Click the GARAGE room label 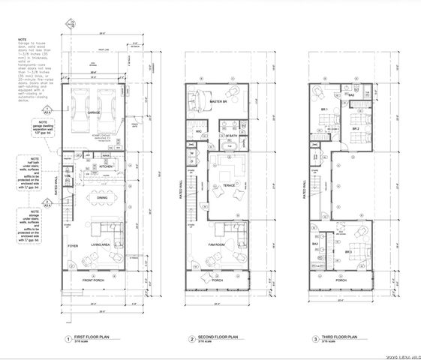[93, 112]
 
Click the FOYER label [73, 244]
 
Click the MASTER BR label [218, 100]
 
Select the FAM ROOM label [218, 244]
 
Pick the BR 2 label [357, 129]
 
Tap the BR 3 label [348, 252]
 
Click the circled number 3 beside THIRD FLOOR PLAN [316, 340]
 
